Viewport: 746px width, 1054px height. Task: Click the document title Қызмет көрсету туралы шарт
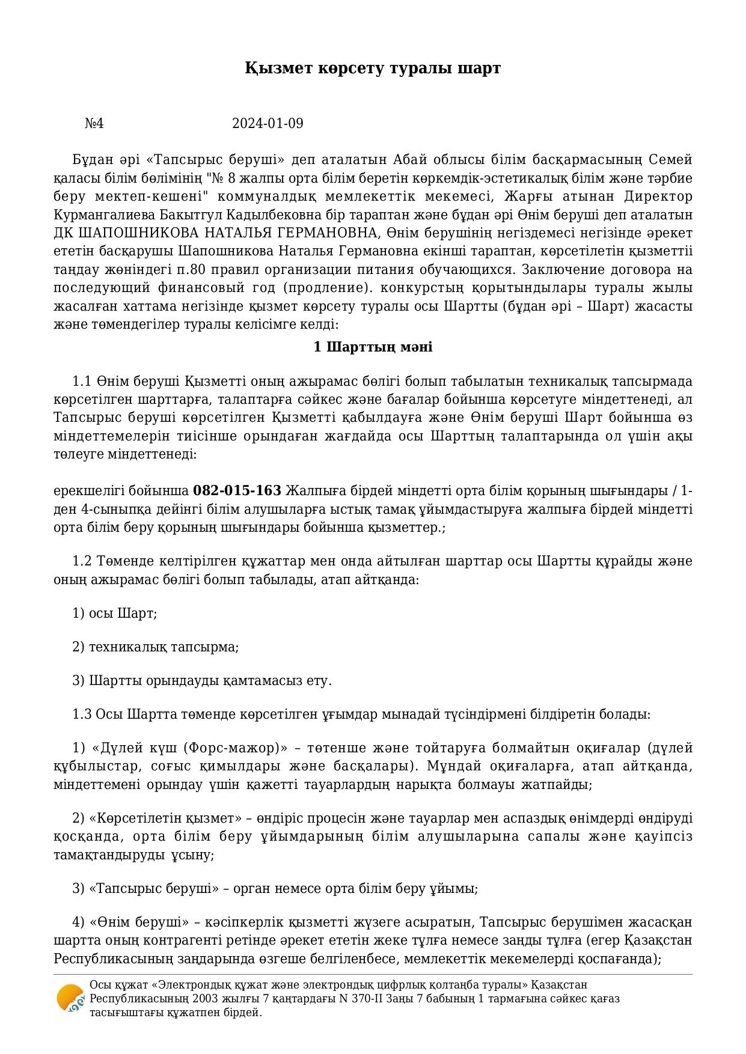pyautogui.click(x=372, y=68)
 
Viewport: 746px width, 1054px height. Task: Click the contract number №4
pyautogui.click(x=94, y=124)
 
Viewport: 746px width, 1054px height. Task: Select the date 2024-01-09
pyautogui.click(x=268, y=124)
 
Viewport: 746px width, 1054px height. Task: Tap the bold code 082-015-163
pyautogui.click(x=237, y=491)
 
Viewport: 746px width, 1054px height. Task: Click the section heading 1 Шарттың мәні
pyautogui.click(x=373, y=347)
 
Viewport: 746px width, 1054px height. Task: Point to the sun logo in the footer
pyautogui.click(x=70, y=998)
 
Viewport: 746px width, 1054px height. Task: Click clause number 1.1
pyautogui.click(x=81, y=382)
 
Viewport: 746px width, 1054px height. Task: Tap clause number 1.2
pyautogui.click(x=81, y=561)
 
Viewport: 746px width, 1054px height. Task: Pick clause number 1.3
pyautogui.click(x=82, y=714)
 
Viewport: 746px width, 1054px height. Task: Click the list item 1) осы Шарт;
pyautogui.click(x=114, y=614)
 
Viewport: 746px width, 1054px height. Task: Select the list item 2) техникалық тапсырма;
pyautogui.click(x=155, y=647)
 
